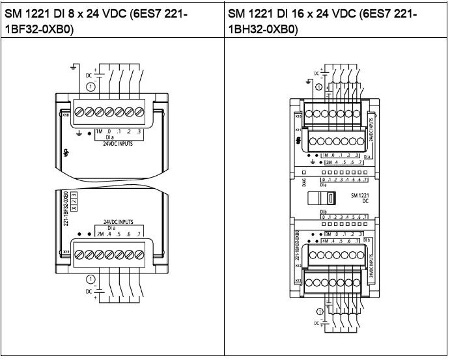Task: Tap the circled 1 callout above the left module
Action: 91,87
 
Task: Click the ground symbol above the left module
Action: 77,67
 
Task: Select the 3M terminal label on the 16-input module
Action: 328,233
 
